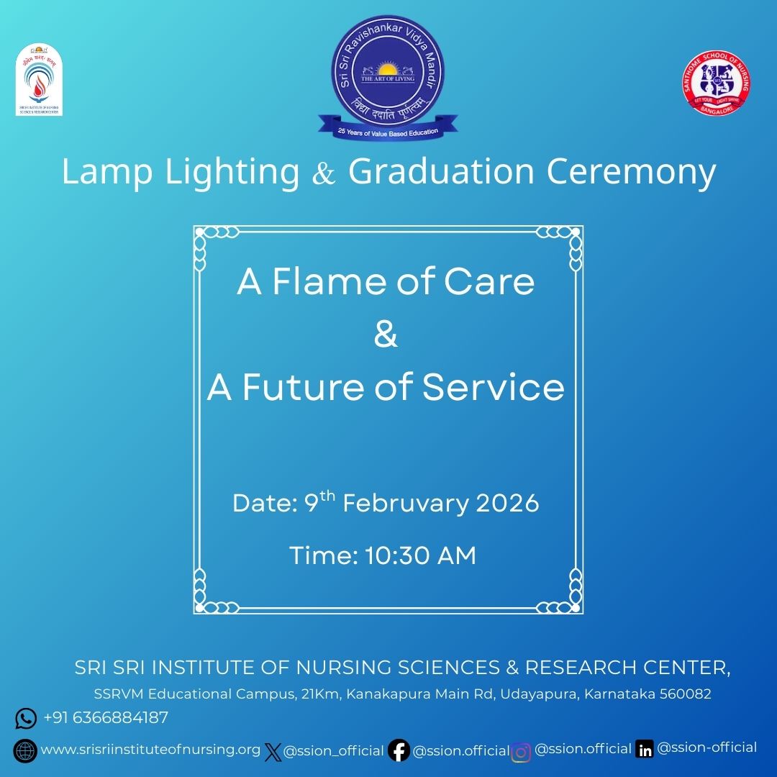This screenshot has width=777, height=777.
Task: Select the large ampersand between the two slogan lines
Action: pyautogui.click(x=386, y=336)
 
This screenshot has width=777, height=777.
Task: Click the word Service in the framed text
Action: pyautogui.click(x=493, y=388)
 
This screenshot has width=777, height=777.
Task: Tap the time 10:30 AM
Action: pyautogui.click(x=420, y=556)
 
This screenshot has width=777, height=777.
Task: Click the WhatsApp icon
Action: pyautogui.click(x=26, y=718)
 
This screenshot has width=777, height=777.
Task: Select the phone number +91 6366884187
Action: pyautogui.click(x=106, y=717)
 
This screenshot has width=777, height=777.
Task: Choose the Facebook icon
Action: pyautogui.click(x=399, y=751)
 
